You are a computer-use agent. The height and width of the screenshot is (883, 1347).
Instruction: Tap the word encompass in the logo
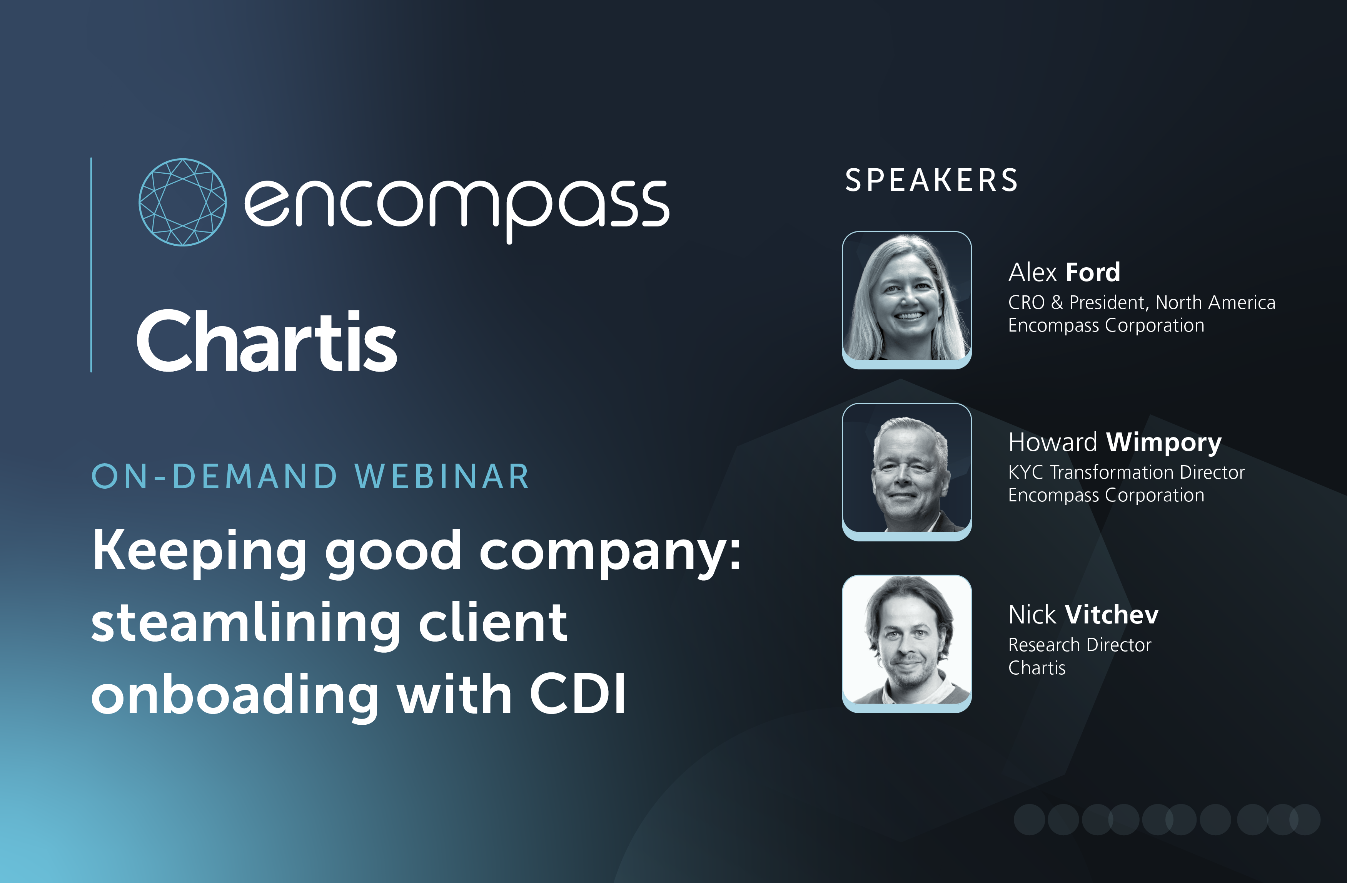click(457, 207)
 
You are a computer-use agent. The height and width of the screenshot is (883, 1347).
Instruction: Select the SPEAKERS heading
click(931, 181)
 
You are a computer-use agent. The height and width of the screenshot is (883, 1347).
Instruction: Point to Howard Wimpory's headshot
click(907, 472)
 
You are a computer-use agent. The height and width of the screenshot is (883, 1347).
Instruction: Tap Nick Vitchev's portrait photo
click(907, 644)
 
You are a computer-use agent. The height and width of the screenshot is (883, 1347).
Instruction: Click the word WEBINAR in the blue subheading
click(442, 476)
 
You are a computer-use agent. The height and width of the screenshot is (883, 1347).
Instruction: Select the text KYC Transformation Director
click(1126, 472)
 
